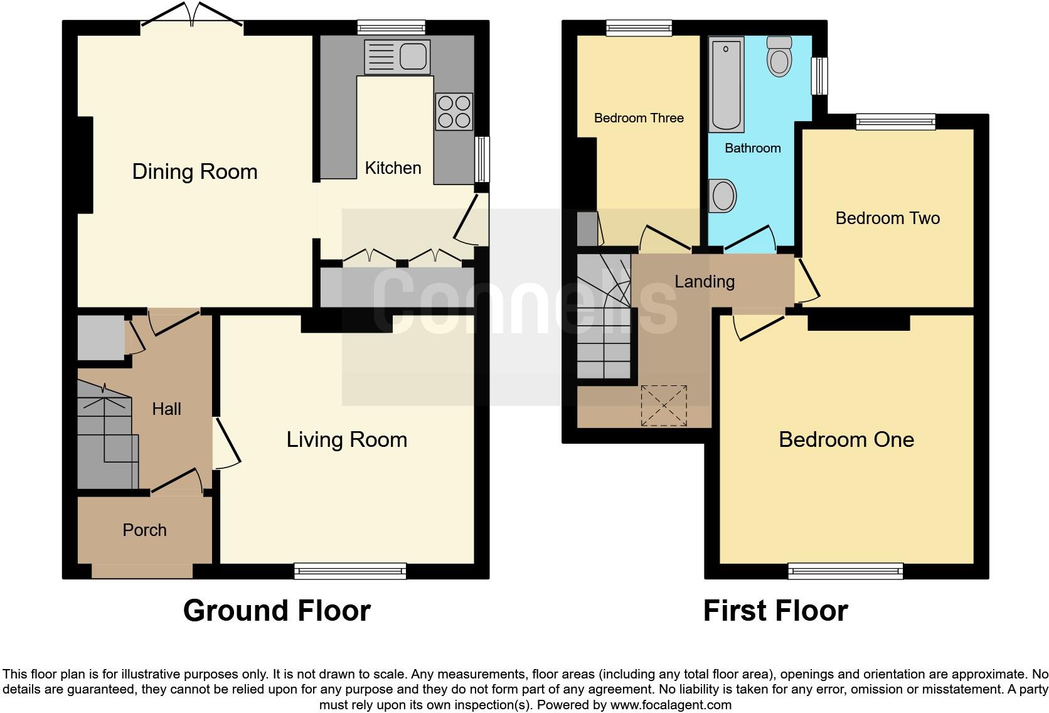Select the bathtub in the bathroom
(726, 84)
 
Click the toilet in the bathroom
(779, 56)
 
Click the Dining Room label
(194, 171)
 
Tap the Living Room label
(346, 439)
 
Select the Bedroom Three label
(639, 118)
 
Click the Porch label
(144, 530)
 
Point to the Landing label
(704, 281)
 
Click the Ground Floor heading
(277, 610)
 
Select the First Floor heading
(775, 610)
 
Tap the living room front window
(350, 571)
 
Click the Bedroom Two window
(896, 122)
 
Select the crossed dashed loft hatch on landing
(664, 405)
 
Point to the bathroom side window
(819, 76)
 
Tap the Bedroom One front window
(845, 571)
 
